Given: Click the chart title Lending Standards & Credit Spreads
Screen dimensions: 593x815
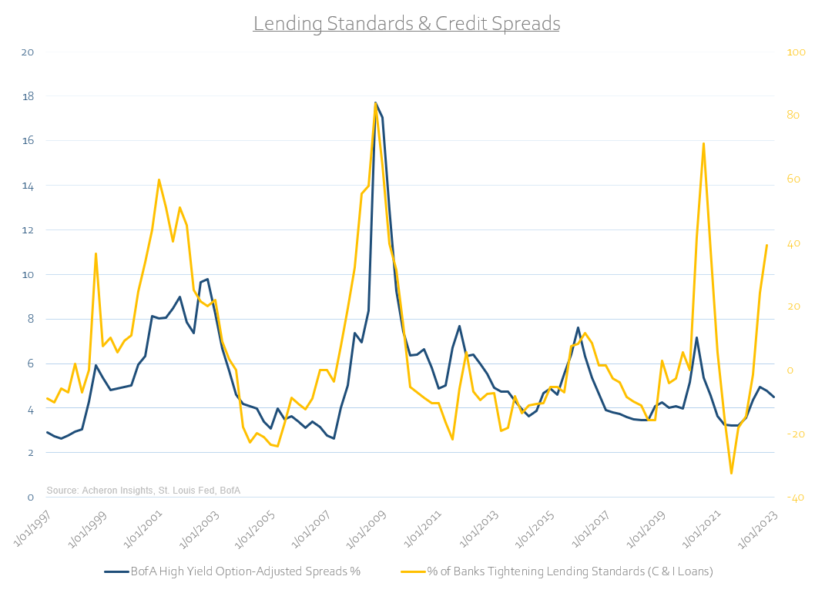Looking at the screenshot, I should pyautogui.click(x=407, y=24).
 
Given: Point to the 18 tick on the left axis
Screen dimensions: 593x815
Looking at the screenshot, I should pyautogui.click(x=29, y=97).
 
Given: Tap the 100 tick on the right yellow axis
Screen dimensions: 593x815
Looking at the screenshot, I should pyautogui.click(x=792, y=52).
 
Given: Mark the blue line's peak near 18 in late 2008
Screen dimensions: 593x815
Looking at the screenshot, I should pyautogui.click(x=375, y=102).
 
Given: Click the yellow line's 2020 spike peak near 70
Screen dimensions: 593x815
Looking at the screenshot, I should pyautogui.click(x=703, y=143).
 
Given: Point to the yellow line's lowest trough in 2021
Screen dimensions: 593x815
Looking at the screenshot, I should pyautogui.click(x=731, y=473).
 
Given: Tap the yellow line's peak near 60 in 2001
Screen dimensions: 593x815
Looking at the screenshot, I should pyautogui.click(x=159, y=179).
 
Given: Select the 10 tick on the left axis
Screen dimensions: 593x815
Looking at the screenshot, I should pyautogui.click(x=29, y=275).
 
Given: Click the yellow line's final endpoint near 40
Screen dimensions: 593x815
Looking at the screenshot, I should pyautogui.click(x=766, y=245).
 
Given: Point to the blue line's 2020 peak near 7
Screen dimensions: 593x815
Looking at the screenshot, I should pyautogui.click(x=696, y=337).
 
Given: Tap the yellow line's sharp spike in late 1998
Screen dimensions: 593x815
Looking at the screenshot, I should pyautogui.click(x=96, y=253).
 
